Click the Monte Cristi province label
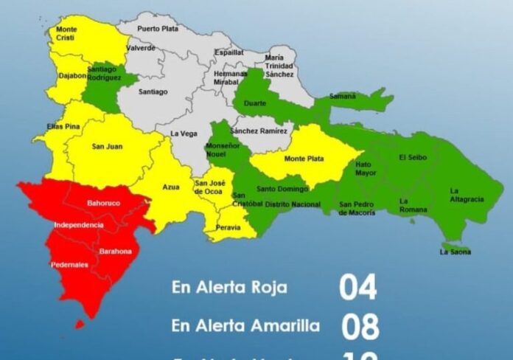[66, 34]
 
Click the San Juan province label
[107, 146]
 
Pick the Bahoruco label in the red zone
[103, 202]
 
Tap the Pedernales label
[69, 264]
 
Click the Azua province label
[170, 187]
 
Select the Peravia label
[228, 228]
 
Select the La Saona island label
[455, 252]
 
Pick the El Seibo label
[412, 157]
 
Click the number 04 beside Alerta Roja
[357, 288]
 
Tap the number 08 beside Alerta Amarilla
[360, 325]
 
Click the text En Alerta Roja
[229, 287]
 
